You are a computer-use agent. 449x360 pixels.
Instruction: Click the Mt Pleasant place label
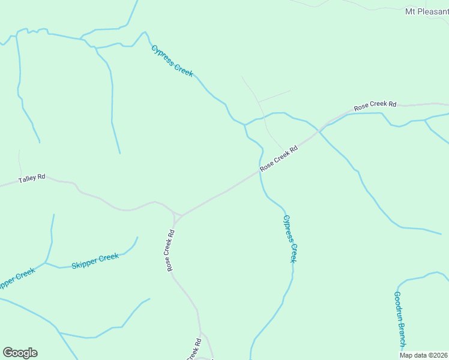coord(427,11)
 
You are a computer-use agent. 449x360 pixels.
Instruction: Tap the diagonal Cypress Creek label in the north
coord(173,61)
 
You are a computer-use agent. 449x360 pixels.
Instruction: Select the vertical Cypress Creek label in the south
coord(290,239)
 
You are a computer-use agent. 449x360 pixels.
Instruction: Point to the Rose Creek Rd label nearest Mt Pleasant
coord(375,105)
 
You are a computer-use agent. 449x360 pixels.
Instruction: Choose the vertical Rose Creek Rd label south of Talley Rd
coord(171,250)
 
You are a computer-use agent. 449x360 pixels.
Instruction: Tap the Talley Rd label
coord(32,178)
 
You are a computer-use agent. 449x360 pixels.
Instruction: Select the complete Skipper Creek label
coord(95,261)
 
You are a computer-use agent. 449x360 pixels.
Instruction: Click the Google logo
coord(20,353)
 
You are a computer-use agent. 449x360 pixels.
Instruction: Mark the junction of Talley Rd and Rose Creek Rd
coord(178,215)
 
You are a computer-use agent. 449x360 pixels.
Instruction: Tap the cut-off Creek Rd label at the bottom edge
coord(193,350)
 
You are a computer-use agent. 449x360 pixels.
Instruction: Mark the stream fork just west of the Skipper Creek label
coord(46,263)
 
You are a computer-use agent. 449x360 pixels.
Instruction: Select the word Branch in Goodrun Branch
coord(401,332)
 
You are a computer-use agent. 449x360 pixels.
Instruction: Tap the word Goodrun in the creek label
coord(397,305)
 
